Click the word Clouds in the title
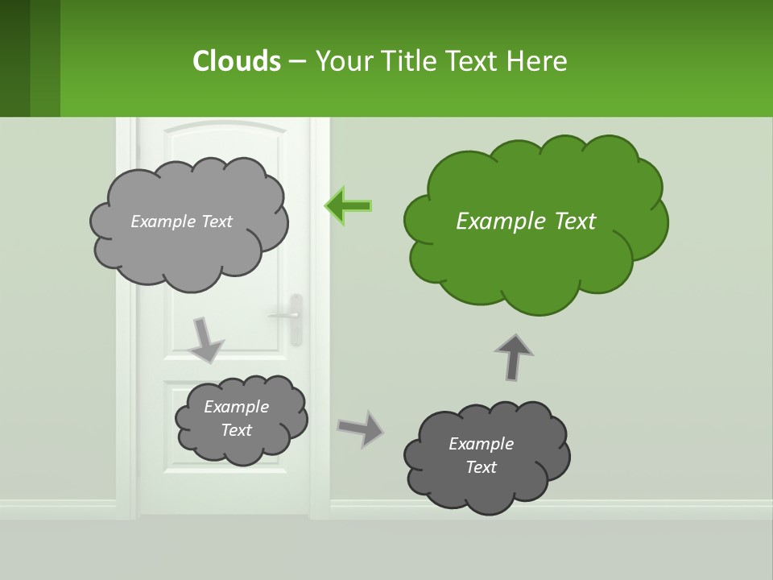click(x=236, y=61)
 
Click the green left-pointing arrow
click(x=349, y=206)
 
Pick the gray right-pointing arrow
click(x=361, y=428)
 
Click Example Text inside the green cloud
click(x=526, y=222)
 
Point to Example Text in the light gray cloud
click(x=181, y=222)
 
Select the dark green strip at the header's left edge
click(x=14, y=58)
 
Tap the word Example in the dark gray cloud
click(x=481, y=444)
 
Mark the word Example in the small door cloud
click(x=236, y=407)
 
